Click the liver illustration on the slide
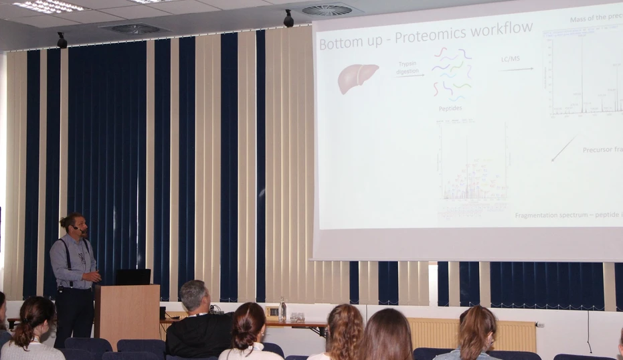pos(357,78)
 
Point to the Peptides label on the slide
pos(450,108)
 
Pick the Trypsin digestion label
pos(409,67)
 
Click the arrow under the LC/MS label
pos(517,69)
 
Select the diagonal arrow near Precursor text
pos(563,149)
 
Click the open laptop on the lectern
pos(133,277)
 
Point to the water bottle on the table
pos(283,309)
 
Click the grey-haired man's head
pos(193,295)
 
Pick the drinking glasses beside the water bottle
pos(297,317)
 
